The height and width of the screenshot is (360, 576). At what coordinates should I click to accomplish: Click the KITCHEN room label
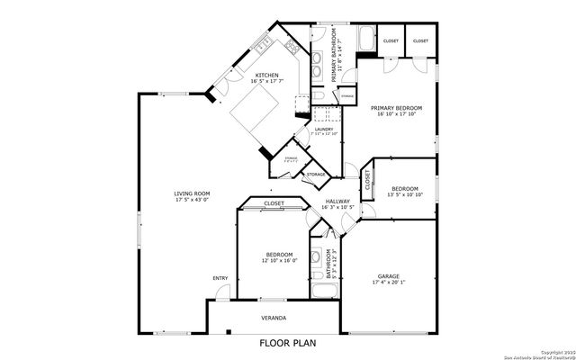tap(267, 76)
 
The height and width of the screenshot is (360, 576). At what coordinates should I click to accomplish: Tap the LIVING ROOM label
tap(192, 193)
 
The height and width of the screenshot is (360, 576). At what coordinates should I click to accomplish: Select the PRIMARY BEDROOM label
tap(396, 108)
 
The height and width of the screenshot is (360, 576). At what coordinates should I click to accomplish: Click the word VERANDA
tap(274, 318)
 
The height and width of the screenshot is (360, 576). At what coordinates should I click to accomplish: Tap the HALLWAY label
tap(337, 202)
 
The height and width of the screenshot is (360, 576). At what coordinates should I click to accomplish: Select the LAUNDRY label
tap(325, 129)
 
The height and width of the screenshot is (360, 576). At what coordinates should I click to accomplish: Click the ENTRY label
tap(220, 278)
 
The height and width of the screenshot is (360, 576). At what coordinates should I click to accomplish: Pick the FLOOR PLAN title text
tap(287, 343)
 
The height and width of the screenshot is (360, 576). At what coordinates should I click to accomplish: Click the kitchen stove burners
tap(293, 44)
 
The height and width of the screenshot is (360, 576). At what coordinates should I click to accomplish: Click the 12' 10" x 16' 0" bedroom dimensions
tap(278, 261)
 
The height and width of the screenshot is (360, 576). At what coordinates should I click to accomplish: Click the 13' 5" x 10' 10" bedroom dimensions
tap(404, 194)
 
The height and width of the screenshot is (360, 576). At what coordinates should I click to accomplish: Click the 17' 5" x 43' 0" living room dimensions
tap(192, 200)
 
